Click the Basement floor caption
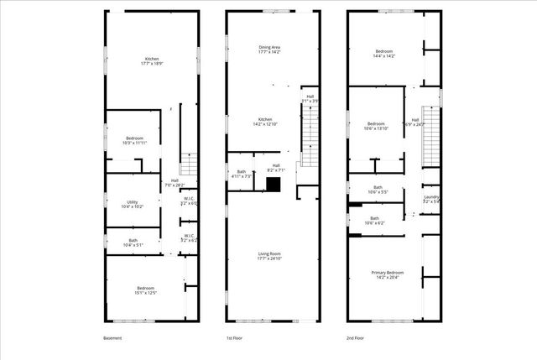pos(112,338)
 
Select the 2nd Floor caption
pos(355,338)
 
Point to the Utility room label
pos(133,204)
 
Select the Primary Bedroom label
pos(388,274)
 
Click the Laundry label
pos(431,200)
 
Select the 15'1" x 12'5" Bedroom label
pos(146,291)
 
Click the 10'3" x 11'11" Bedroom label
pos(134,140)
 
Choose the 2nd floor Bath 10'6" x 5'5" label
pos(378,190)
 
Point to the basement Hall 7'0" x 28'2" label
pos(175,183)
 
